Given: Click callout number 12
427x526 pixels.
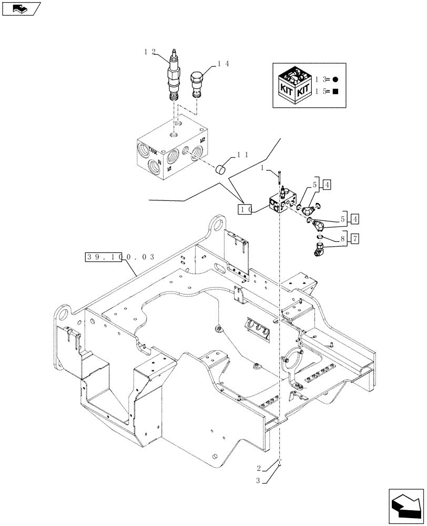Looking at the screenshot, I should point(149,51).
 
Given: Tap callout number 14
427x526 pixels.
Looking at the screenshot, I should point(223,64).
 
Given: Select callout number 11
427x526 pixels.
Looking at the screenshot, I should point(242,155).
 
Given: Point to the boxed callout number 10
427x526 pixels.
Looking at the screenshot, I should point(246,209).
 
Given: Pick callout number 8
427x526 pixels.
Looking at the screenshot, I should point(343,239).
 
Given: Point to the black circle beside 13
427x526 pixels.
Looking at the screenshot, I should point(335,79).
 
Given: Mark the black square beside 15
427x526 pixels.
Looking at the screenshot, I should point(335,92).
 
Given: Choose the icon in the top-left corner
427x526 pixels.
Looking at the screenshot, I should point(22,8).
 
